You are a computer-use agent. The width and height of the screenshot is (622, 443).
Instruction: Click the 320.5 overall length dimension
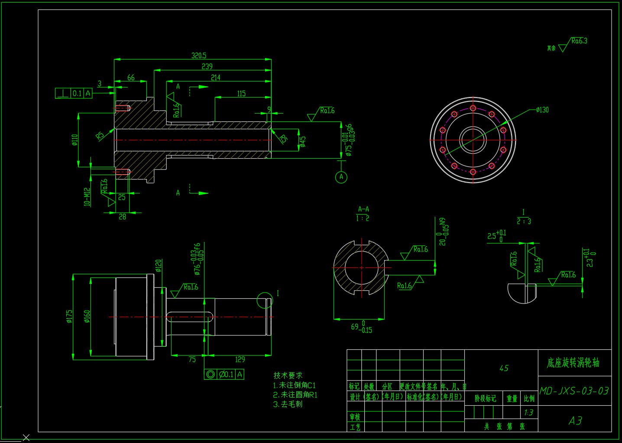point(199,55)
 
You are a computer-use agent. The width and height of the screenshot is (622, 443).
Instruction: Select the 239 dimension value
point(207,66)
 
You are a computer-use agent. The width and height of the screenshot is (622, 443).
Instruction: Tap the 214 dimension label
point(215,78)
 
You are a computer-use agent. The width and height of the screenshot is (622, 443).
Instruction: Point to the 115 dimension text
point(241,94)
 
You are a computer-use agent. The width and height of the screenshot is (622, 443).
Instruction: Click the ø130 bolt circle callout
point(542,110)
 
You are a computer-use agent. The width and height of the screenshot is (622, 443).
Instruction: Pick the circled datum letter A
point(341,177)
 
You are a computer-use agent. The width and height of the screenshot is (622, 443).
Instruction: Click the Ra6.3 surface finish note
point(579,41)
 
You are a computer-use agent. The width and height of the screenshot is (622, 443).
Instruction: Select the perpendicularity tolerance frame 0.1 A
point(74,93)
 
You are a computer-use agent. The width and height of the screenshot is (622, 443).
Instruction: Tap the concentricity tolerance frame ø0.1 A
point(224,374)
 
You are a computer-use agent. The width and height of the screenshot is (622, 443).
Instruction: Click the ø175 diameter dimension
point(69,316)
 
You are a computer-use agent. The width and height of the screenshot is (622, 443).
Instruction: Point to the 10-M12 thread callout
point(87,197)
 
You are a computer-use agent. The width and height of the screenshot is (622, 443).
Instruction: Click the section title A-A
point(363,209)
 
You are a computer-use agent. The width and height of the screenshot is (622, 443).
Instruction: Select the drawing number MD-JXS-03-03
point(574,391)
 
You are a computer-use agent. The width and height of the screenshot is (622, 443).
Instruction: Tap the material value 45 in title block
point(504,368)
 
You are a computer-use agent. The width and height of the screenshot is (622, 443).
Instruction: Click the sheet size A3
point(575,420)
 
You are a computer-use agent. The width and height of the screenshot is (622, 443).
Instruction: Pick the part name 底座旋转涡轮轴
point(573,363)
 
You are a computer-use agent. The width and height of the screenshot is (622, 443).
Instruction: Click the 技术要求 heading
point(288,375)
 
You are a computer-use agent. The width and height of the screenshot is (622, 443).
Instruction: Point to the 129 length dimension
point(240,359)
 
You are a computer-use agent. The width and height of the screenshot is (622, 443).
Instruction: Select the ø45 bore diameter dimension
point(302,141)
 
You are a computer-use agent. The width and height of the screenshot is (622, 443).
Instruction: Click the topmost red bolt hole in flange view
point(473,108)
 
